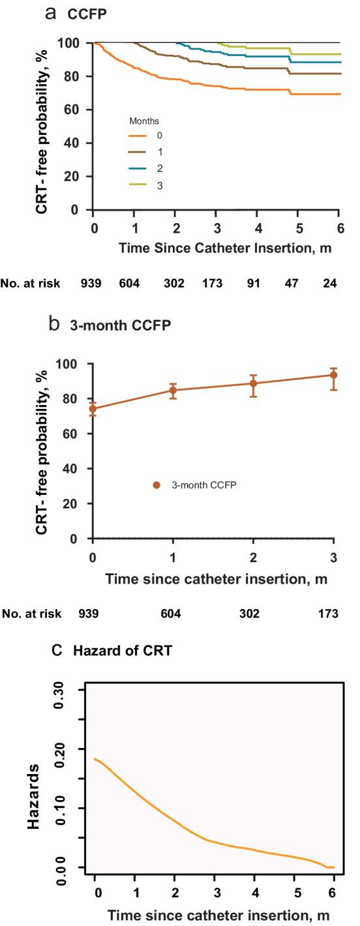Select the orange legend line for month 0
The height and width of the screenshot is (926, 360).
tap(136, 135)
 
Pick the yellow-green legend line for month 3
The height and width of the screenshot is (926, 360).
tap(136, 185)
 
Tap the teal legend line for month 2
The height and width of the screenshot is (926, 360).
tap(136, 168)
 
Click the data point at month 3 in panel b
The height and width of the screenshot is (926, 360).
tap(334, 375)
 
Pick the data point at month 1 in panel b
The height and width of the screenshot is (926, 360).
tap(173, 391)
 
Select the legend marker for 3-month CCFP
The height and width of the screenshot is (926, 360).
tap(156, 485)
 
